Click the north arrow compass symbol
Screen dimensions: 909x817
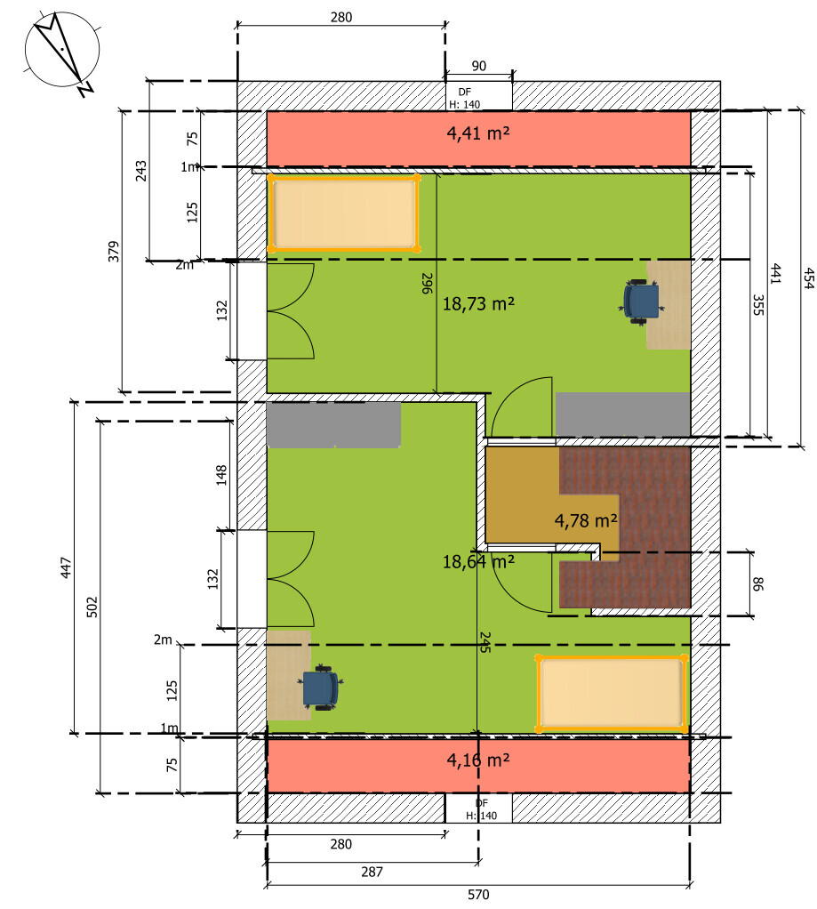(59, 52)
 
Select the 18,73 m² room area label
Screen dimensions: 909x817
(479, 303)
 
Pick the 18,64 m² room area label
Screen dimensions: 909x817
(479, 561)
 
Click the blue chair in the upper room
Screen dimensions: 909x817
(641, 300)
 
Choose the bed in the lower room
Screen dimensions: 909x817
(611, 694)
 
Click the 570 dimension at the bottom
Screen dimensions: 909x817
(478, 895)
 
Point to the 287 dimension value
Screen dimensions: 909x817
(372, 872)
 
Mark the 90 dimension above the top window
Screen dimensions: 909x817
(478, 66)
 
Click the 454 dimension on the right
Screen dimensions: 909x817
(807, 278)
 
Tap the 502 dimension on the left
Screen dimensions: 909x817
(91, 607)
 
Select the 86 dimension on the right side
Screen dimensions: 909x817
(758, 583)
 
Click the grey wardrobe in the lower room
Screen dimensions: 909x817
(333, 424)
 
